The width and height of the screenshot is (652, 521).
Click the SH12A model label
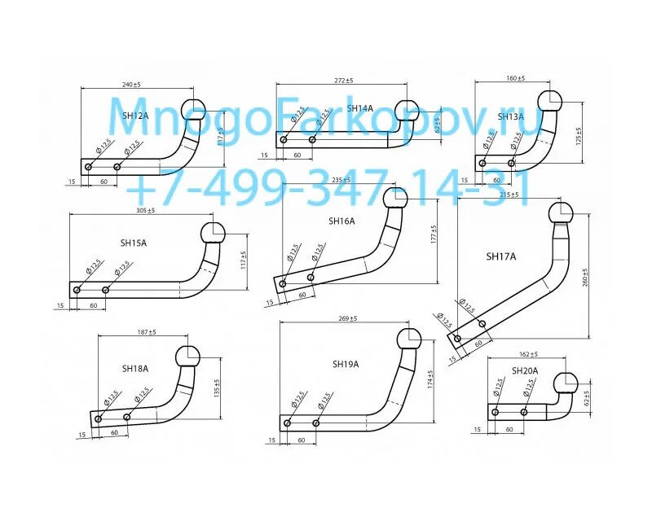136,116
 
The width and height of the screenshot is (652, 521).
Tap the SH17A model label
501,256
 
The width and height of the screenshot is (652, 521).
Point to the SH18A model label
135,369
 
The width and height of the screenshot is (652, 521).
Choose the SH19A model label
345,364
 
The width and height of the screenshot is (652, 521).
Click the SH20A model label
526,371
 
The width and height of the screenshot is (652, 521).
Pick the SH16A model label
341,221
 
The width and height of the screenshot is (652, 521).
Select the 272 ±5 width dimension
344,81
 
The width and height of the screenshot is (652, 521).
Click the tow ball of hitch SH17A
561,214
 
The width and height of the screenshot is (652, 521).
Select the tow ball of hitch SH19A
409,339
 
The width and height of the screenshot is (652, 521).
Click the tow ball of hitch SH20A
565,384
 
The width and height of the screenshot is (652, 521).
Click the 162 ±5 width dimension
529,354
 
